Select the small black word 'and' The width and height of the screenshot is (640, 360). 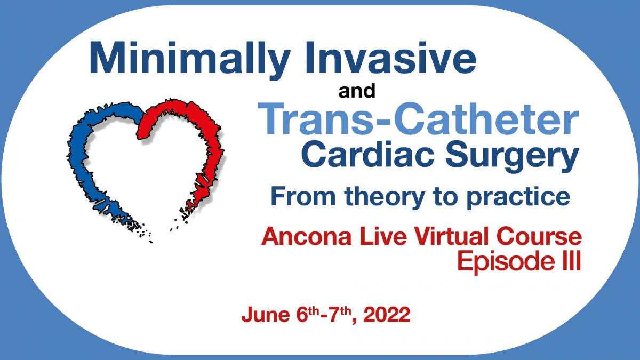click(x=357, y=91)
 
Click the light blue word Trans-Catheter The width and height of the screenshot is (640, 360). click(x=418, y=118)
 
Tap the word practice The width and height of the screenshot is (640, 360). click(x=518, y=198)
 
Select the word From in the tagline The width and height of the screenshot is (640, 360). click(x=303, y=196)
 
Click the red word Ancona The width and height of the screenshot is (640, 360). click(x=306, y=236)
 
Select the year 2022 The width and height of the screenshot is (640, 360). click(x=387, y=315)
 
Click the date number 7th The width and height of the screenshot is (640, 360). click(x=340, y=314)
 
